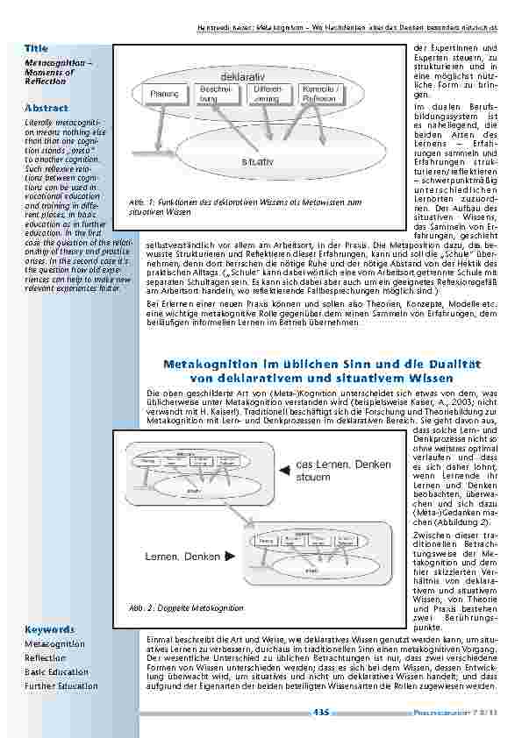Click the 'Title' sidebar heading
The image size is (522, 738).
tap(37, 48)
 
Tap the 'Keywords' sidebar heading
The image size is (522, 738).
tap(51, 629)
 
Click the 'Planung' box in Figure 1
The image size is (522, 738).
tap(164, 94)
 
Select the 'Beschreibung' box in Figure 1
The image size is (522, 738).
tap(216, 94)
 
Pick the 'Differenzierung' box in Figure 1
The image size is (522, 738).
tap(266, 94)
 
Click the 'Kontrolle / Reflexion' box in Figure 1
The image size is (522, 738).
tap(318, 95)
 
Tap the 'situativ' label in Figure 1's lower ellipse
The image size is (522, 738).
tap(258, 161)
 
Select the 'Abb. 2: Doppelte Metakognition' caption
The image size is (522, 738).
tap(186, 607)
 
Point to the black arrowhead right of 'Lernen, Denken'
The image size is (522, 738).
tap(229, 556)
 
